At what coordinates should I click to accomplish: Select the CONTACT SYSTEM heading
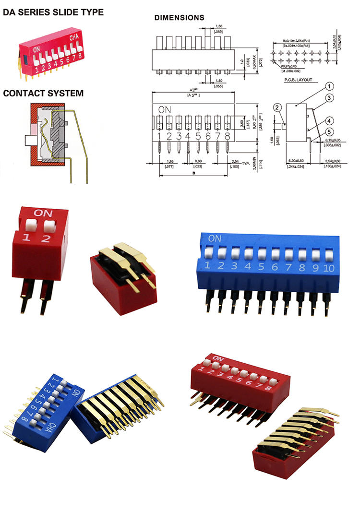pos(43,93)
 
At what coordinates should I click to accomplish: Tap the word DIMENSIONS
pos(179,18)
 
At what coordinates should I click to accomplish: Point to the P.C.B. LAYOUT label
pos(298,80)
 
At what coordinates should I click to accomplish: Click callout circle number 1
pos(329,87)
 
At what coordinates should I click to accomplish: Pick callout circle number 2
pos(277,107)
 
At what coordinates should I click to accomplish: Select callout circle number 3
pos(329,98)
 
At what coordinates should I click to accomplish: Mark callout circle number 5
pos(329,132)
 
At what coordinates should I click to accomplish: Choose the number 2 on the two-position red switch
pos(45,238)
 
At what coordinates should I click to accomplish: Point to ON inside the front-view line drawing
pos(165,108)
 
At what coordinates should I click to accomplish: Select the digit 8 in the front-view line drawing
pos(227,136)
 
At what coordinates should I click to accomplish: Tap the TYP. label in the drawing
pos(246,163)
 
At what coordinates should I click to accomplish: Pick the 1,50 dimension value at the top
pos(218,26)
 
